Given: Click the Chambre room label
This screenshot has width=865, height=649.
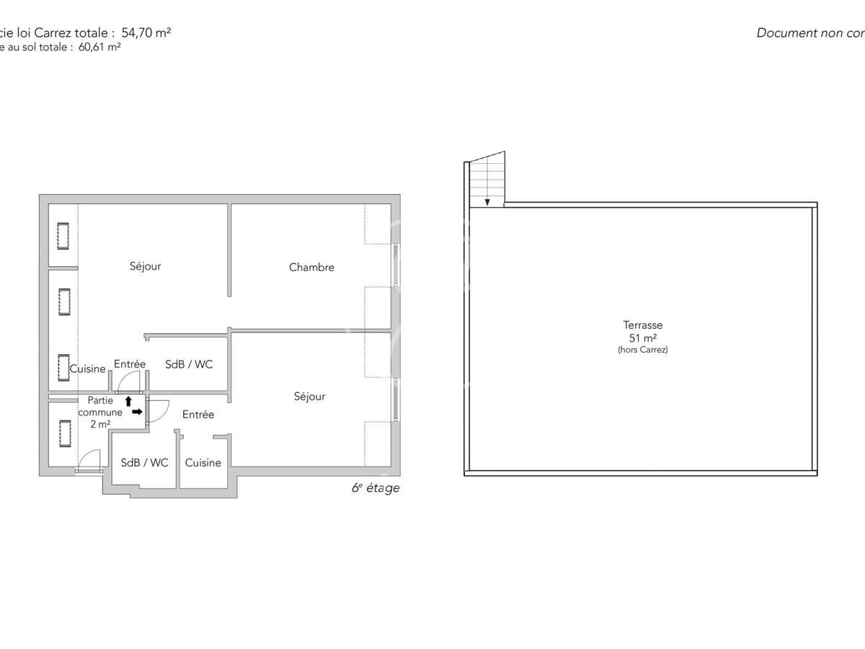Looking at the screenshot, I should pos(311,268).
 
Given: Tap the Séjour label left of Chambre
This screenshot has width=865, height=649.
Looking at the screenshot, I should pos(146,266).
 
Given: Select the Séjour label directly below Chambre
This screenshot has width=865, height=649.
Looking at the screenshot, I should pos(309,396).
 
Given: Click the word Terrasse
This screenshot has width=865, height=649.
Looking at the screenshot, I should pos(643,325).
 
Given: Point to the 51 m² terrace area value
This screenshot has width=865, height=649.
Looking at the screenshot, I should pos(643,337).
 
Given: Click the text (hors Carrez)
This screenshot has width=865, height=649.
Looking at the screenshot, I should pos(643,350).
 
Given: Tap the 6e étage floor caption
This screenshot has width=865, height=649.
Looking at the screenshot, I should pos(375,488).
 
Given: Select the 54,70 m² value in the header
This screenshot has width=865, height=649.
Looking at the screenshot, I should pos(141,32).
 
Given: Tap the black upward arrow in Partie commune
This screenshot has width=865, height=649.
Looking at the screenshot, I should pos(128,401).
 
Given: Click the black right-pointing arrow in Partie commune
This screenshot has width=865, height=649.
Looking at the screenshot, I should pos(137,412).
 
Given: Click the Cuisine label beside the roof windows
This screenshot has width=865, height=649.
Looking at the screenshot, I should pos(88,368).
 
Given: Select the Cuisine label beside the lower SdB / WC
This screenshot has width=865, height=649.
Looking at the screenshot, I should pos(203,462).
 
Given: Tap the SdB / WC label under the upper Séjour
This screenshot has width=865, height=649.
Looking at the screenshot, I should pos(189,364).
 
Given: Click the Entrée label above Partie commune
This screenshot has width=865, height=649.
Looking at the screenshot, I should pos(130,364).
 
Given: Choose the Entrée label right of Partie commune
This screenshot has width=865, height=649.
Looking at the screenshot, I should pos(198,415).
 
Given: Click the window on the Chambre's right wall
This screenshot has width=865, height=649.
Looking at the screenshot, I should pos(395,266).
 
